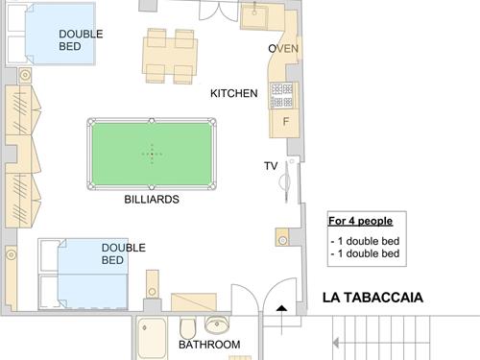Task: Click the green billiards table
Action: tap(152, 154)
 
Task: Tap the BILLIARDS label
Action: tap(152, 200)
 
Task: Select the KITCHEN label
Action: tap(234, 93)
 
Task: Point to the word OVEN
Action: tap(283, 49)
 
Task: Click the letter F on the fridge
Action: tap(286, 121)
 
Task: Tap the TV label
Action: tap(271, 166)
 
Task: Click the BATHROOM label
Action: tap(209, 345)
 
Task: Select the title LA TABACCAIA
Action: tap(372, 298)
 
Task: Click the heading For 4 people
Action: tap(360, 221)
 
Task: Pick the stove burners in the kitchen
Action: tap(281, 95)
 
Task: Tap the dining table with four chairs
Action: tap(170, 57)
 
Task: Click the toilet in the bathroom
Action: tap(188, 327)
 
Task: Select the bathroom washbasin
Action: tap(217, 324)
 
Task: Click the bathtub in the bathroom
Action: tap(152, 338)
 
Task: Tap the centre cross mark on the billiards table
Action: tap(152, 155)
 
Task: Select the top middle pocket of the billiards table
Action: tap(152, 121)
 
